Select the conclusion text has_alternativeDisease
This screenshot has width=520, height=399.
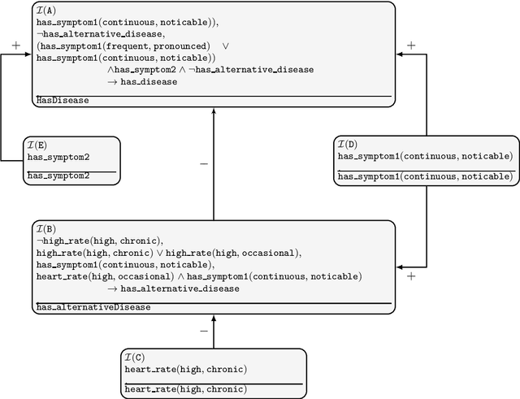[93, 307]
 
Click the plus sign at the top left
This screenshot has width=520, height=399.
[16, 46]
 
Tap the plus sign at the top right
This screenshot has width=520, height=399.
[411, 46]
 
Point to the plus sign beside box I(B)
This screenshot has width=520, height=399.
[411, 276]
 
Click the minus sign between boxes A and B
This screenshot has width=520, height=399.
[203, 163]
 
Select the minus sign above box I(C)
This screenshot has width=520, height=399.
[203, 331]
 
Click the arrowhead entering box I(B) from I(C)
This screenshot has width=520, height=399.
[214, 321]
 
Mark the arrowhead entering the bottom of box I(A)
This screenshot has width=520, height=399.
[214, 113]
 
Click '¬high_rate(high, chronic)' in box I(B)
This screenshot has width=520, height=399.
[99, 241]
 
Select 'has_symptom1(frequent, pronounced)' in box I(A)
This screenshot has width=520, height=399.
[123, 46]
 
